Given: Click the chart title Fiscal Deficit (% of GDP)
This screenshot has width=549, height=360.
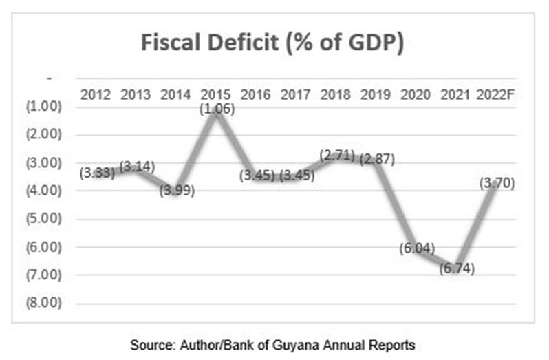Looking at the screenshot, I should [272, 43].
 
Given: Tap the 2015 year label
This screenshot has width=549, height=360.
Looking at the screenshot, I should [216, 94].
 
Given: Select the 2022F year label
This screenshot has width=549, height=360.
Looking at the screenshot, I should [495, 94].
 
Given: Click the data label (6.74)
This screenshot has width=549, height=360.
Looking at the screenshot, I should [456, 268].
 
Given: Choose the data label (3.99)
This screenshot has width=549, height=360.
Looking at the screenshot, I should [177, 190].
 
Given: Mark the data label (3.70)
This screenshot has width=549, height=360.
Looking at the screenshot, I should [496, 183].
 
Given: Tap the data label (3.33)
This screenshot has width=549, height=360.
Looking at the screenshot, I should [97, 172].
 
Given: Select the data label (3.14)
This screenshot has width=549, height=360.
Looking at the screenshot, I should [138, 166].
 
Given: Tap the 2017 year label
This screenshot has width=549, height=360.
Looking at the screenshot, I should [296, 94].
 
